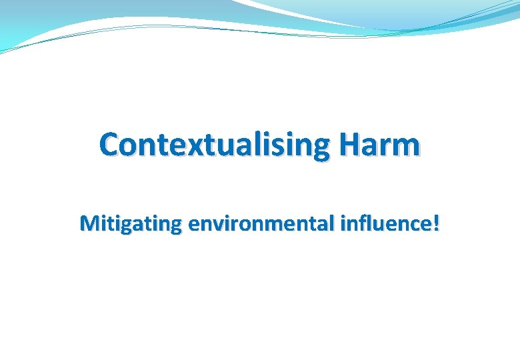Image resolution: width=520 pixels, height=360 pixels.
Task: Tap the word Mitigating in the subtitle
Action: (x=130, y=224)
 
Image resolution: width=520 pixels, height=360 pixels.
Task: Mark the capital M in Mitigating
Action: (x=89, y=224)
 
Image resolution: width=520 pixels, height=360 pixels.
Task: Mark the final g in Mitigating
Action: (x=175, y=227)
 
